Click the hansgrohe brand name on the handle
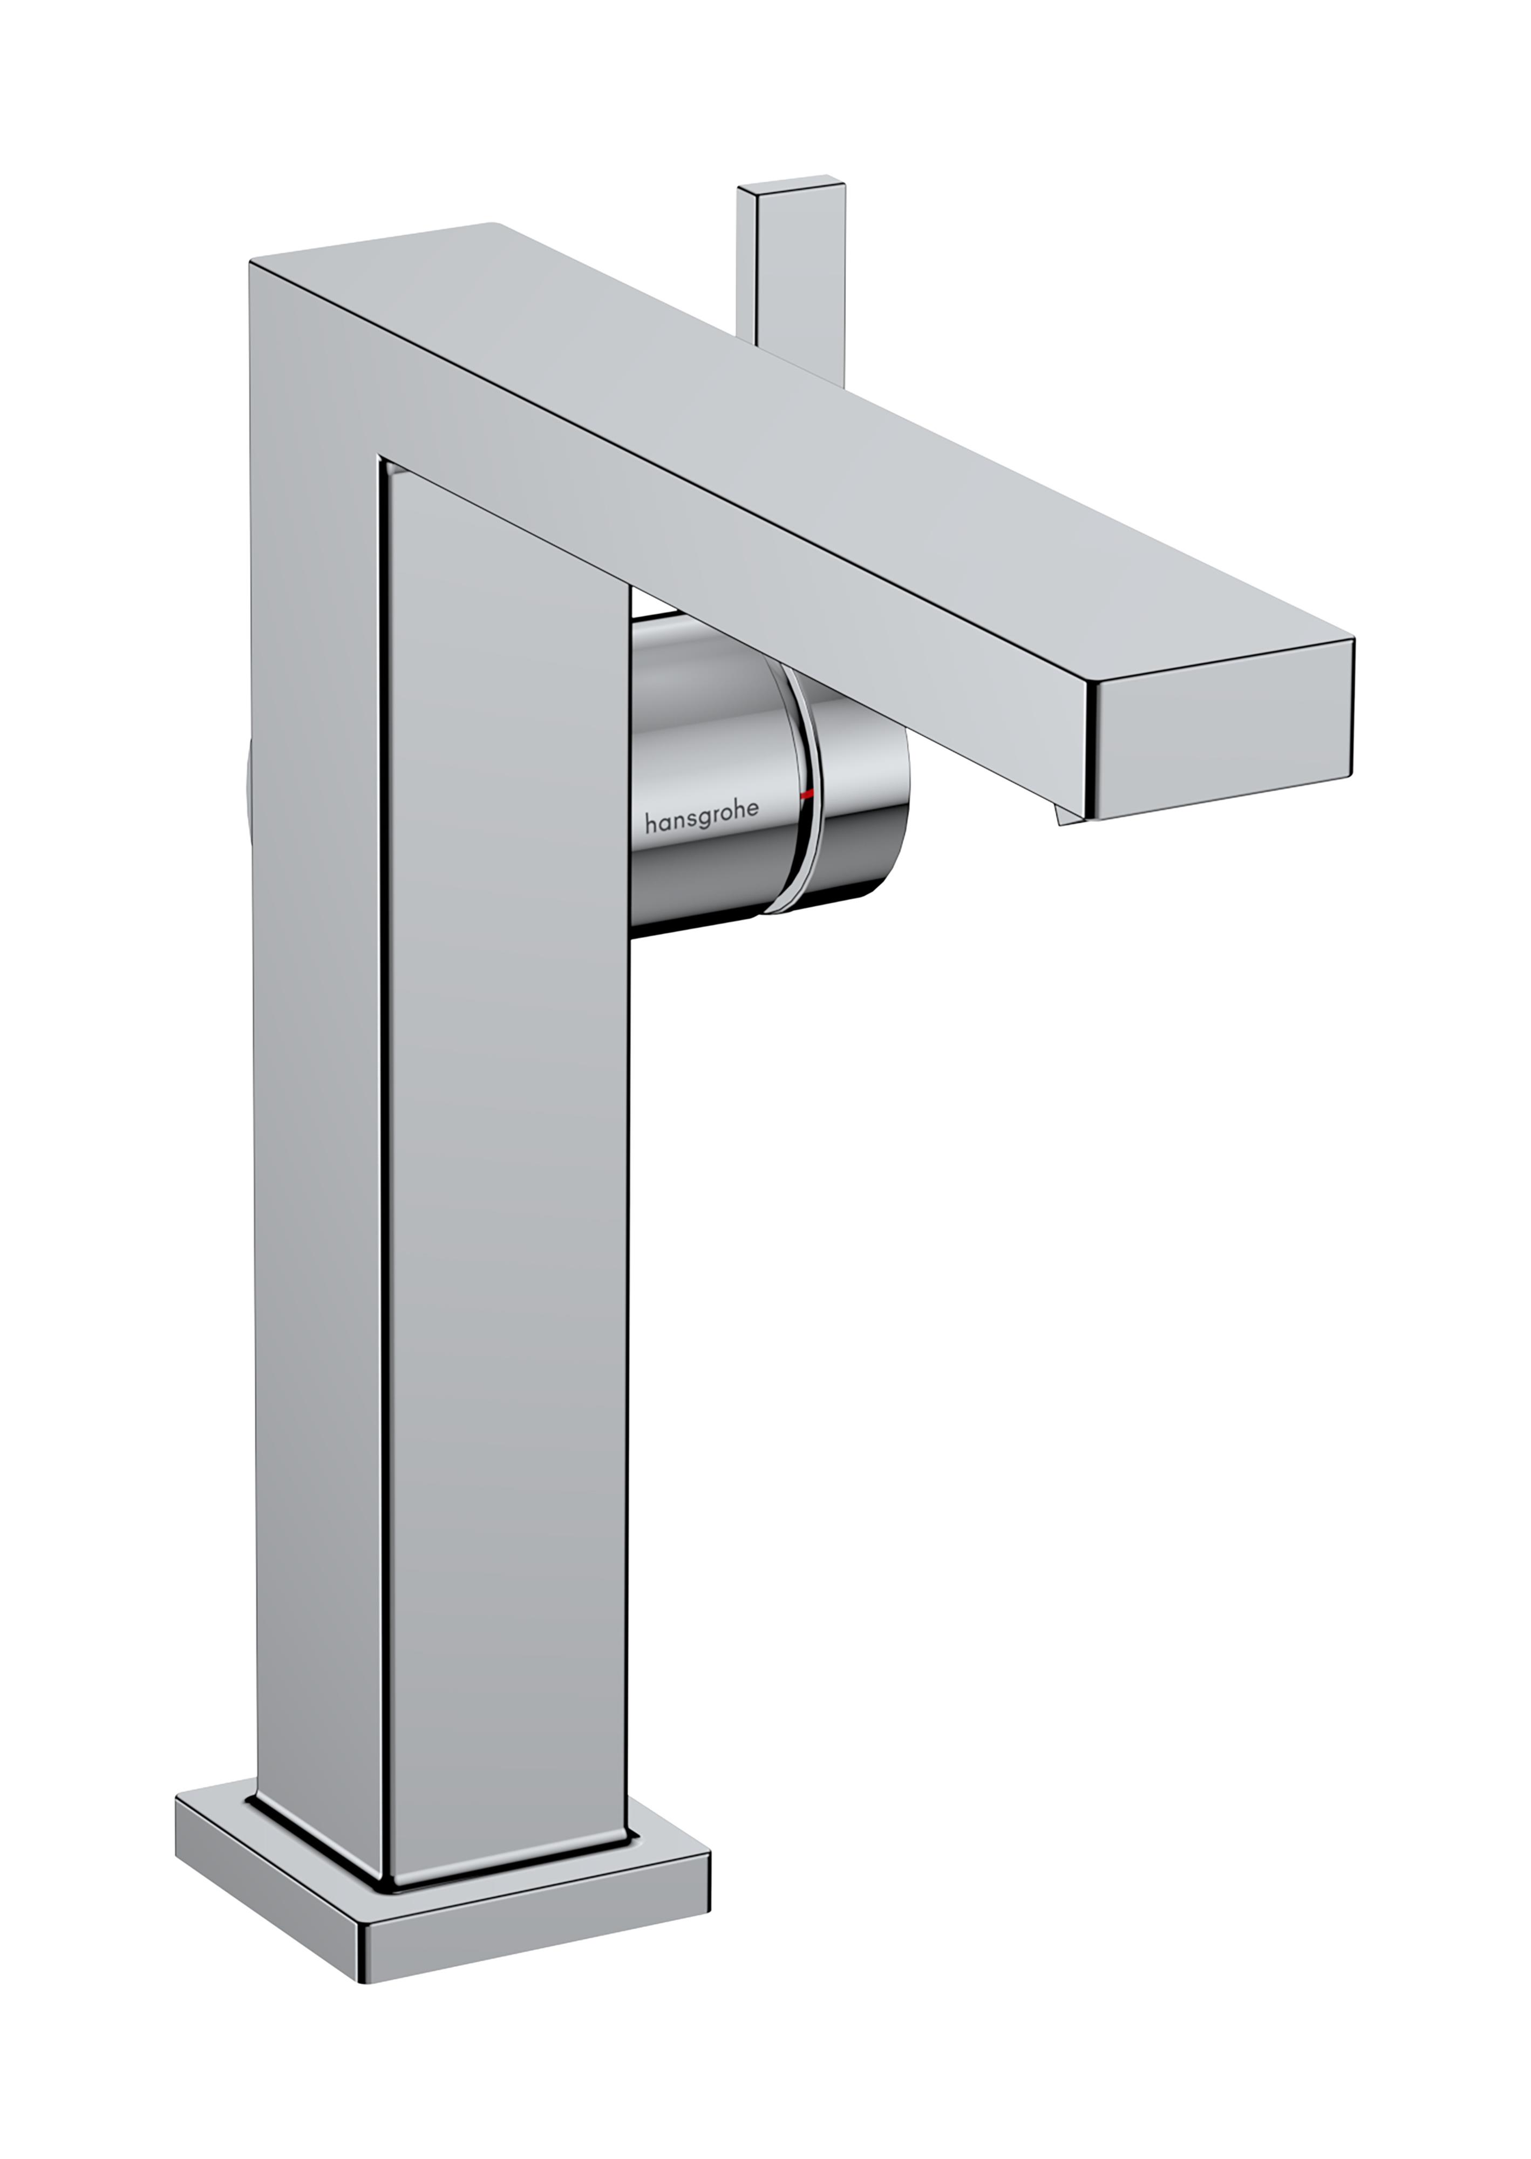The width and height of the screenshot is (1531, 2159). pos(702,823)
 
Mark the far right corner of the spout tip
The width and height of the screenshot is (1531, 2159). pos(1354,641)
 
